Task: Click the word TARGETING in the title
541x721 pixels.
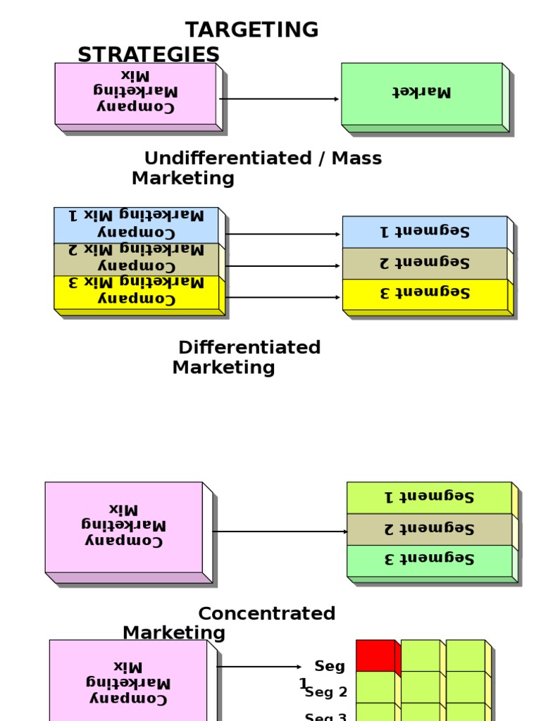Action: tap(251, 30)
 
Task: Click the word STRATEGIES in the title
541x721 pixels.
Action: tap(148, 55)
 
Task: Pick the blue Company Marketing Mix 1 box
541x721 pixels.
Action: tap(136, 225)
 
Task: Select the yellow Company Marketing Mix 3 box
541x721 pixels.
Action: tap(136, 292)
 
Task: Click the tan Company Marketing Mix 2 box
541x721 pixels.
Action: tap(136, 259)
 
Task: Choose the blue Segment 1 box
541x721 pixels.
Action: tap(424, 232)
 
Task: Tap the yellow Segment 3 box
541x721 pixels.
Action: tap(424, 294)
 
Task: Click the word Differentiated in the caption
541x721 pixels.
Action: tap(249, 348)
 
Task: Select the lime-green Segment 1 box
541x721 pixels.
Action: tap(428, 497)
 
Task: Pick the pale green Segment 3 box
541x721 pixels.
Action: tap(428, 560)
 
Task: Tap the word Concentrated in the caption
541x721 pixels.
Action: tap(266, 614)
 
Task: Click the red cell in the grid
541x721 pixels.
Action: tap(375, 656)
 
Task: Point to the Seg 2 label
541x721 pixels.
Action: tap(326, 692)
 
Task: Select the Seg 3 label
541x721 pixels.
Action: tap(326, 717)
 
